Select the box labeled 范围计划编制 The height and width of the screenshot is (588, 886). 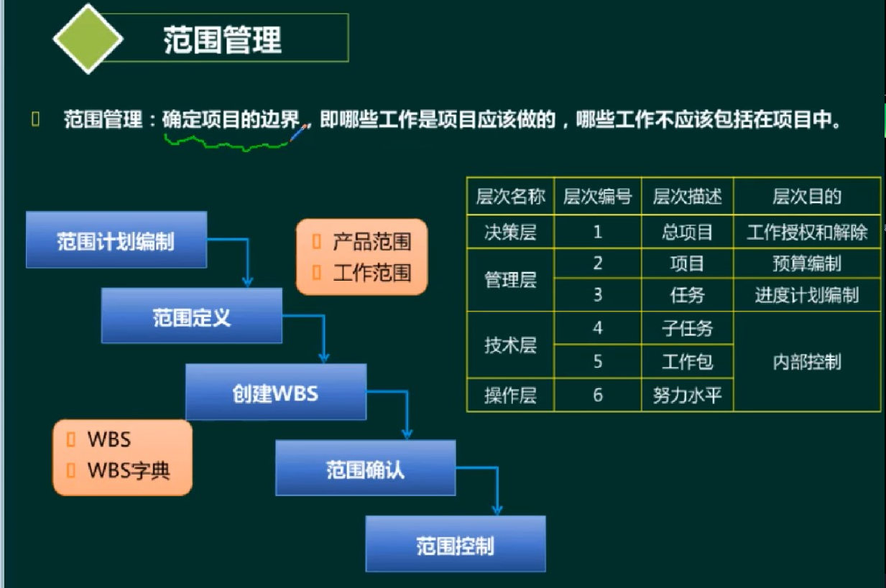tap(116, 241)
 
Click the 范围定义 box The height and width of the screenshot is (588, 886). tap(191, 317)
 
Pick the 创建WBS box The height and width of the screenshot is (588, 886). tap(275, 393)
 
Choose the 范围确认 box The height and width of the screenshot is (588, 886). tap(365, 469)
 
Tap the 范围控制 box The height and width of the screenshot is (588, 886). tap(455, 545)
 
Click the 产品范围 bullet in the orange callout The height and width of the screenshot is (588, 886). tap(371, 241)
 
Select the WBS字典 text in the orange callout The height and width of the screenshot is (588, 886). tap(129, 470)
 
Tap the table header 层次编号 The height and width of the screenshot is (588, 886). tap(597, 196)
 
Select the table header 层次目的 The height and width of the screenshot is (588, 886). tap(806, 196)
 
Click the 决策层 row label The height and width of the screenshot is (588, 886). tap(510, 232)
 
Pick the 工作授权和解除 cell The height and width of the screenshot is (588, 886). tap(806, 232)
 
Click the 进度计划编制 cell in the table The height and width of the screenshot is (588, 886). tap(806, 295)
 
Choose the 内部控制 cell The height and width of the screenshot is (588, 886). tap(806, 362)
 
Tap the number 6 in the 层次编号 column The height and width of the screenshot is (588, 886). tap(597, 395)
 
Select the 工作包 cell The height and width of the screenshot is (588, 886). tap(687, 361)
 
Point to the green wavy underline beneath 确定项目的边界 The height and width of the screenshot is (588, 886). tap(226, 144)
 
